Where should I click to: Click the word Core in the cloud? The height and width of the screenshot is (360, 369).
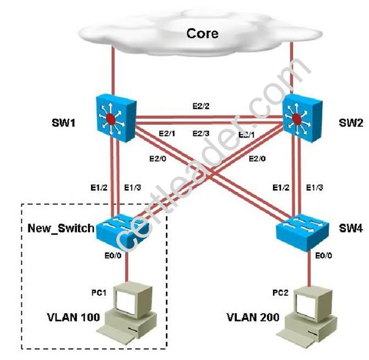203,33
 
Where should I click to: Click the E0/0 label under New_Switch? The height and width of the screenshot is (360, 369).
110,256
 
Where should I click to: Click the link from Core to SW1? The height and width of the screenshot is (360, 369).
113,71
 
